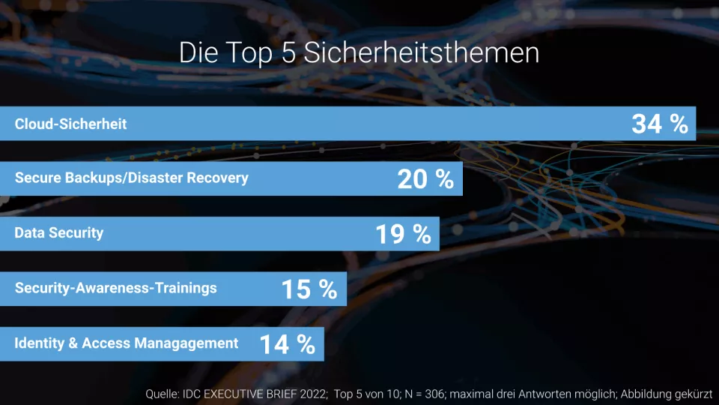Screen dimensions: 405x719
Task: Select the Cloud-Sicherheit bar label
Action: click(x=70, y=124)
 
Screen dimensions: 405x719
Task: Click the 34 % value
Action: click(x=659, y=124)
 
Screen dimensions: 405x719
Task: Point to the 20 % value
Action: click(x=425, y=178)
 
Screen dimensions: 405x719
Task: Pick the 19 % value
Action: click(x=403, y=234)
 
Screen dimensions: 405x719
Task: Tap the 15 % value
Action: click(x=309, y=289)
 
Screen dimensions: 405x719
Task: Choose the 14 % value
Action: click(x=287, y=344)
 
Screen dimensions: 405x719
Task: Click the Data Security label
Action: click(x=58, y=233)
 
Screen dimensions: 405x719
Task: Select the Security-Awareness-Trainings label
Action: click(x=115, y=288)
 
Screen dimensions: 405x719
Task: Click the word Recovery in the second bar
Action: click(x=217, y=178)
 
